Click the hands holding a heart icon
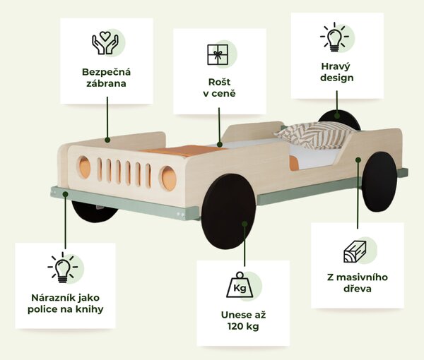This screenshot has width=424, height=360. [105, 42]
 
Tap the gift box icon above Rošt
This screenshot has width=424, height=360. [218, 55]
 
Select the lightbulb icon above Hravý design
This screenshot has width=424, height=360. [334, 37]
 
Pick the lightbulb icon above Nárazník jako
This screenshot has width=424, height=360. [62, 268]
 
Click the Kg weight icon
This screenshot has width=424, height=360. [240, 284]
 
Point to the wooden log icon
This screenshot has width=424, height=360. [355, 252]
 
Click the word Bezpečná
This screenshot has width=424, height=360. [106, 73]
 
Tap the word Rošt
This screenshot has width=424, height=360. [219, 82]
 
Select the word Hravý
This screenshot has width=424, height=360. [336, 66]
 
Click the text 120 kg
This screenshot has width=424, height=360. [243, 326]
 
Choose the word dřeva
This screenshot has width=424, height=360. [357, 289]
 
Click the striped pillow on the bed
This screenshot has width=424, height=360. [314, 134]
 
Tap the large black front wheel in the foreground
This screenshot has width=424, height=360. [228, 211]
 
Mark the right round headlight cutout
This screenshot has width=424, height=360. [168, 179]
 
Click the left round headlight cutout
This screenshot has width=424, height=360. [84, 167]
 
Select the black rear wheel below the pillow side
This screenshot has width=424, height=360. [379, 181]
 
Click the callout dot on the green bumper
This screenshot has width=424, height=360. [65, 194]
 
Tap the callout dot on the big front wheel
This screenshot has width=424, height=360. [245, 224]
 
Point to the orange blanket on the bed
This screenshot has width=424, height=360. [184, 150]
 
